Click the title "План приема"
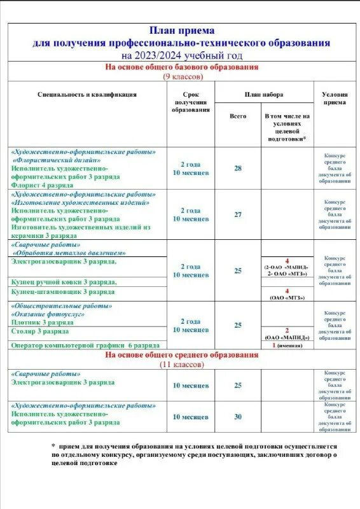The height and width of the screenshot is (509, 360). (181, 30)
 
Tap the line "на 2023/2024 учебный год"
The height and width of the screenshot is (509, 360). (181, 55)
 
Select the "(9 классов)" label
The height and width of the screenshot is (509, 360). (181, 76)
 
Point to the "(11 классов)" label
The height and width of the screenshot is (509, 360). (181, 365)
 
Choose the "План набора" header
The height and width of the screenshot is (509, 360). (264, 95)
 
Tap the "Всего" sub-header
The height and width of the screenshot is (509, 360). (238, 116)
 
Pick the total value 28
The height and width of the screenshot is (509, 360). (238, 168)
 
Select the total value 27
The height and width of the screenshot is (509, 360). (238, 214)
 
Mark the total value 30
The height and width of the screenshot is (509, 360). (238, 417)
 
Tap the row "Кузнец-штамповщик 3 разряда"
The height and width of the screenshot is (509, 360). (63, 291)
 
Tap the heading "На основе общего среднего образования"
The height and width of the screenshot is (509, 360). (181, 355)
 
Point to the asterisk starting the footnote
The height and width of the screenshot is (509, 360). (54, 447)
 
